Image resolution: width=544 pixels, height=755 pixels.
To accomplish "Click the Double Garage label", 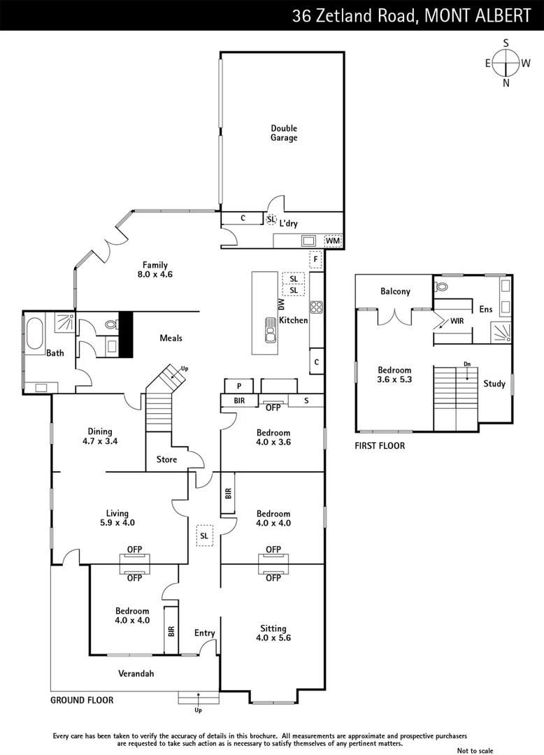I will pyautogui.click(x=284, y=133).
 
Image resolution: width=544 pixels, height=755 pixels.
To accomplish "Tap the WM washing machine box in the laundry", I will pyautogui.click(x=333, y=241).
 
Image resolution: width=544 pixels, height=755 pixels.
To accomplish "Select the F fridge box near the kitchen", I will pyautogui.click(x=316, y=259).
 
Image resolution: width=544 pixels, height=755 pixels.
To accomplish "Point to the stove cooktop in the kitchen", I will pyautogui.click(x=316, y=307).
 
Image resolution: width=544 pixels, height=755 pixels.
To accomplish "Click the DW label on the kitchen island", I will pyautogui.click(x=282, y=305).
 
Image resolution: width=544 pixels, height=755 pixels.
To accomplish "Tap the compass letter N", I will pyautogui.click(x=506, y=82).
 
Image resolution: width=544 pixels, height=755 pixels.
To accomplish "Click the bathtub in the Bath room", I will pyautogui.click(x=35, y=334).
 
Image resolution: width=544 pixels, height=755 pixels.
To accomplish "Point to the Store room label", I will pyautogui.click(x=166, y=459).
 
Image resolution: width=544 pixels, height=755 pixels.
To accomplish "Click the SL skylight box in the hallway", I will pyautogui.click(x=204, y=535).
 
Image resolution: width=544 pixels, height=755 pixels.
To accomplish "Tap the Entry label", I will pyautogui.click(x=205, y=633).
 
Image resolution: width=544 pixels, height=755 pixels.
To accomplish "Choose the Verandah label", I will pyautogui.click(x=135, y=674).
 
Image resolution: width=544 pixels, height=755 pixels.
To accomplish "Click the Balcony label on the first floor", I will pyautogui.click(x=395, y=292).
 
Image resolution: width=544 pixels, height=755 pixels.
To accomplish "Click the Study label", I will pyautogui.click(x=494, y=384).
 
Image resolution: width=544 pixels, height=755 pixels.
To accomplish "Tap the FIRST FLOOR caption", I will pyautogui.click(x=380, y=445).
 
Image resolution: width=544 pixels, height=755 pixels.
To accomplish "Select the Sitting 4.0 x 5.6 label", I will pyautogui.click(x=272, y=633).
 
